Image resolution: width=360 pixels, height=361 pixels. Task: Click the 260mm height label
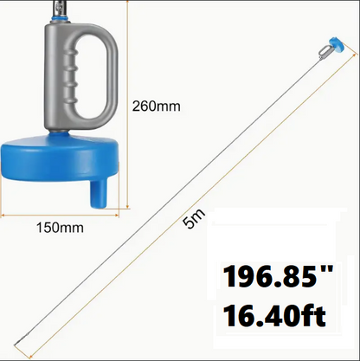[x=157, y=106]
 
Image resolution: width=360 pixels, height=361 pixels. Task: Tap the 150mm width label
[x=60, y=228]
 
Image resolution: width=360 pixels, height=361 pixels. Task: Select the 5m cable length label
[x=194, y=218]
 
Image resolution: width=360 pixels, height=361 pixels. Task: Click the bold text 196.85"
[x=279, y=276]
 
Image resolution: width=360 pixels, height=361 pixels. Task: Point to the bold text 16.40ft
[x=274, y=316]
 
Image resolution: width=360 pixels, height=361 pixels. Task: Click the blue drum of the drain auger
[x=60, y=158]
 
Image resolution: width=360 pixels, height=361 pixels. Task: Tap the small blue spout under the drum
[x=99, y=193]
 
